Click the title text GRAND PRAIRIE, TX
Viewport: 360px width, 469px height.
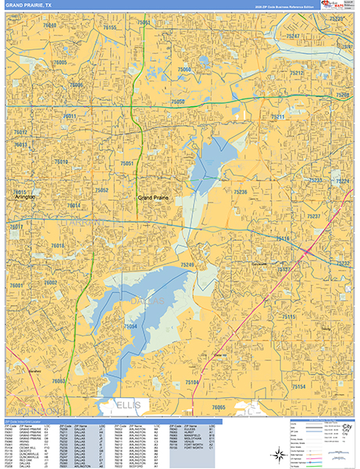pyautogui.click(x=29, y=5)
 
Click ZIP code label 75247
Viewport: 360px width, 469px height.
pyautogui.click(x=293, y=36)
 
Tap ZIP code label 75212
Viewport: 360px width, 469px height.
pyautogui.click(x=297, y=73)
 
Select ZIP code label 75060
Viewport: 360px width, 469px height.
pyautogui.click(x=184, y=70)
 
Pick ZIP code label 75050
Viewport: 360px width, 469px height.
pyautogui.click(x=178, y=102)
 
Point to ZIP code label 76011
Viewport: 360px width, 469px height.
pyautogui.click(x=70, y=116)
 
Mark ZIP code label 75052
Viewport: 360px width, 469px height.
pyautogui.click(x=102, y=190)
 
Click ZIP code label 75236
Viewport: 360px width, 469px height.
pyautogui.click(x=241, y=192)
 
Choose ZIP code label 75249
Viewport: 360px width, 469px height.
pyautogui.click(x=187, y=265)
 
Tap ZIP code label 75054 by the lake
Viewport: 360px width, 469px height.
pyautogui.click(x=130, y=326)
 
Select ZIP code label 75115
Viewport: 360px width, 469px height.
pyautogui.click(x=289, y=317)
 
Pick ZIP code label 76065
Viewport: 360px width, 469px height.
pyautogui.click(x=218, y=407)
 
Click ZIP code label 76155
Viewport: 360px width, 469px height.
pyautogui.click(x=109, y=27)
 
